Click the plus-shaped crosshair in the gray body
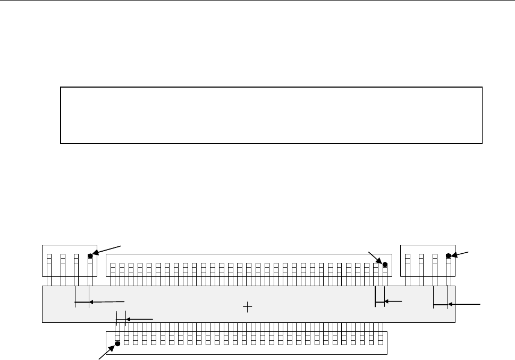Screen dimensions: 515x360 [247, 306]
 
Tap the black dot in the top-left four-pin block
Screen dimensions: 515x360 [90, 256]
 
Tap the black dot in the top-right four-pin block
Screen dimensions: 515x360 [449, 256]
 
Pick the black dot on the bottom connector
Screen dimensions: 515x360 [117, 343]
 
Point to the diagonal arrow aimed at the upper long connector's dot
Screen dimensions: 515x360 [375, 257]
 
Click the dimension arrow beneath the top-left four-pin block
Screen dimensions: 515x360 [106, 302]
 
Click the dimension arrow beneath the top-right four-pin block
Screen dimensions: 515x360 [465, 305]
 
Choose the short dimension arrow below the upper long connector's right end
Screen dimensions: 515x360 [393, 302]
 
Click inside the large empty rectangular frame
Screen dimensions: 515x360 [271, 115]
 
